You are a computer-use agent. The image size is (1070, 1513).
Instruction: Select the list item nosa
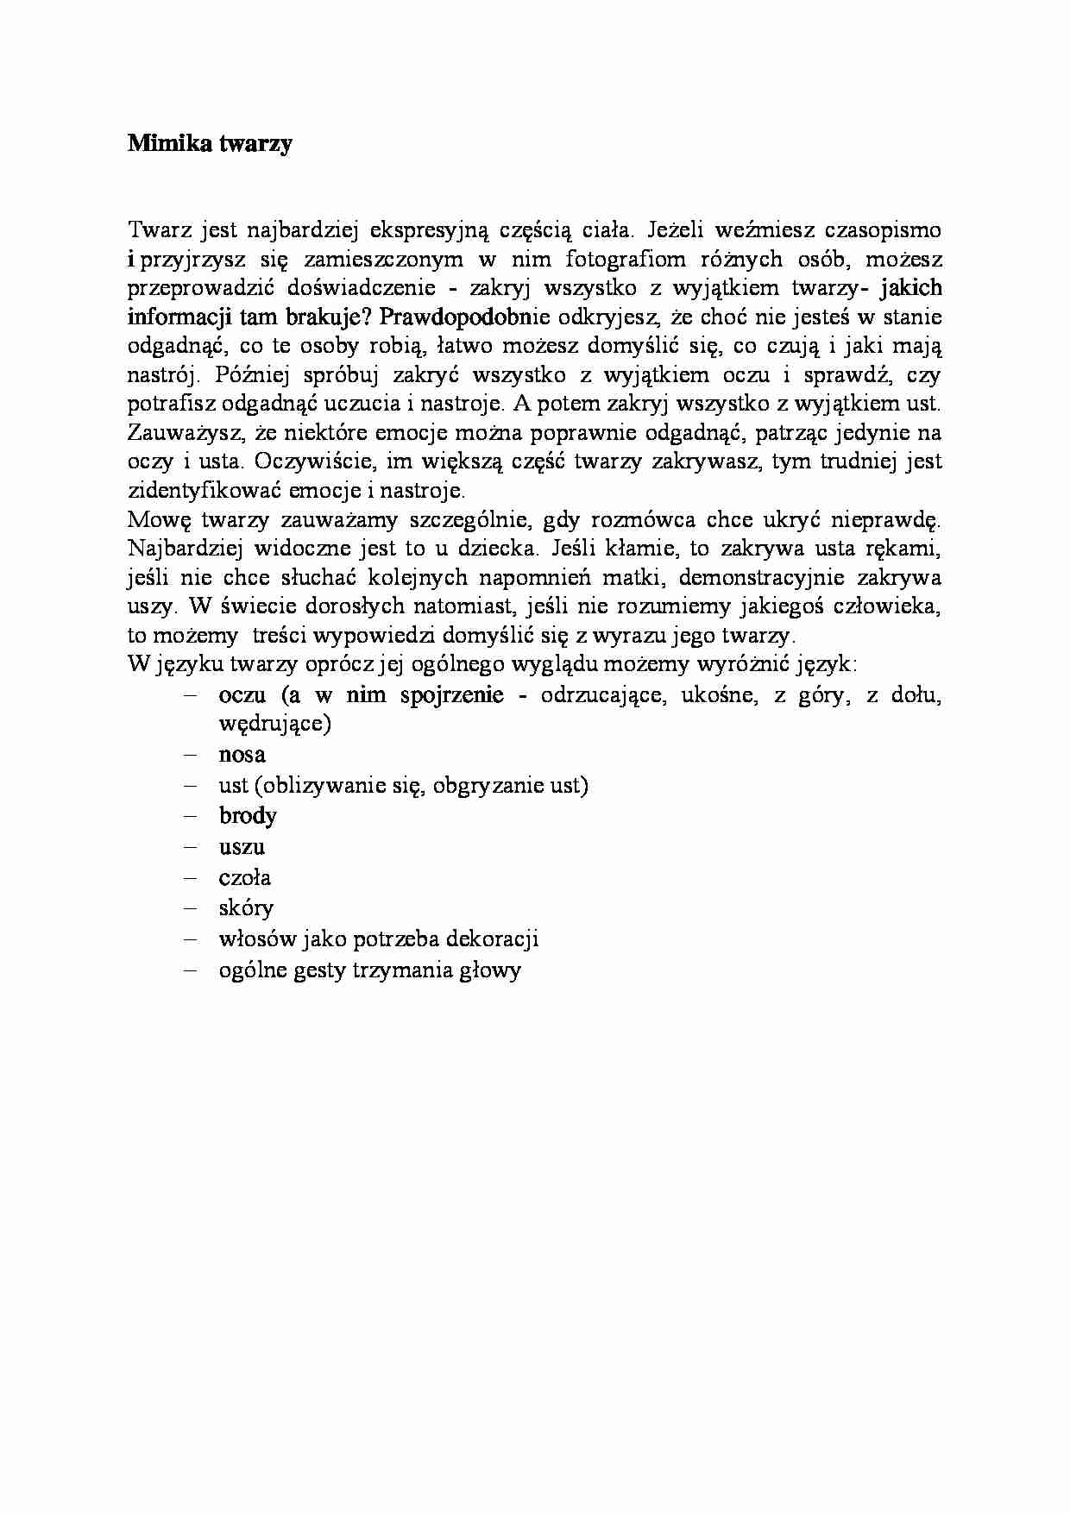pyautogui.click(x=242, y=755)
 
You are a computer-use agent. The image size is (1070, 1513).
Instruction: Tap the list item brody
pyautogui.click(x=248, y=815)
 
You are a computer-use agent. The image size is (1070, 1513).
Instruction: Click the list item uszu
pyautogui.click(x=242, y=846)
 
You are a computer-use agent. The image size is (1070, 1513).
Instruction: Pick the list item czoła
pyautogui.click(x=245, y=877)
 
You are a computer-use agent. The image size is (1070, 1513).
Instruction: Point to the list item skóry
pyautogui.click(x=246, y=908)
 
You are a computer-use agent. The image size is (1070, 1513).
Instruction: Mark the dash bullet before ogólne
pyautogui.click(x=190, y=970)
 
